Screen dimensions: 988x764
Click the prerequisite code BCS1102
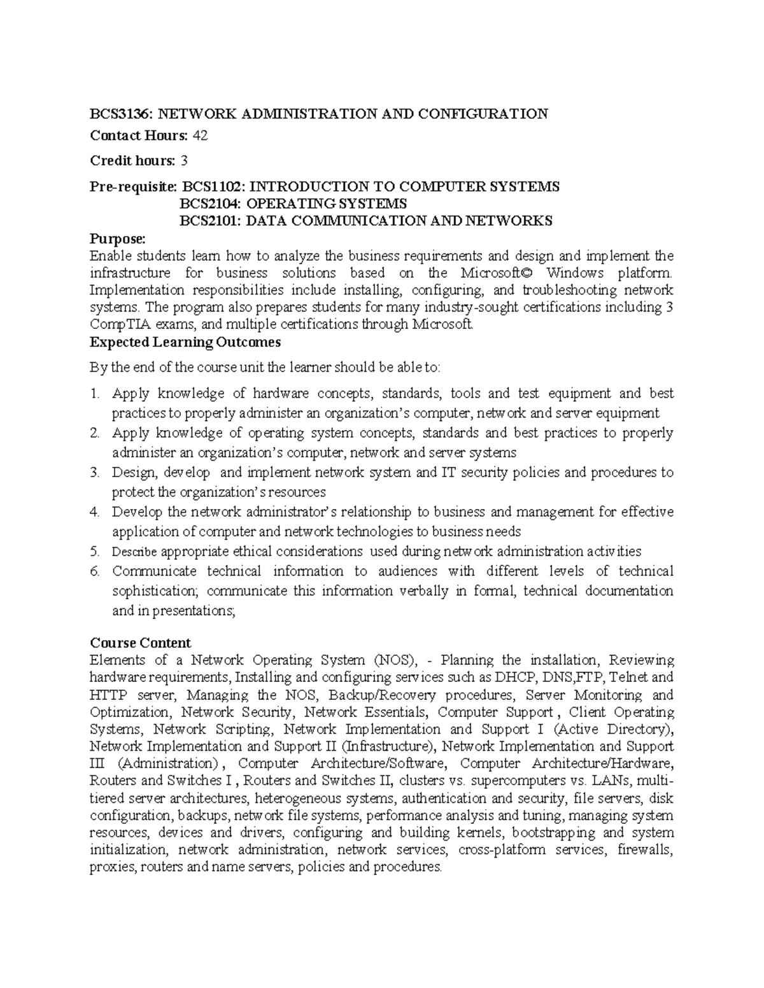[x=215, y=186]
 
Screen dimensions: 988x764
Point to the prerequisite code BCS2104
[x=210, y=204]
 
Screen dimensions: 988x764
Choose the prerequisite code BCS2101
[x=210, y=221]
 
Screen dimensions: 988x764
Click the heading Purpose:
[x=118, y=239]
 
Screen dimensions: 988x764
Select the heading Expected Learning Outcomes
[x=185, y=342]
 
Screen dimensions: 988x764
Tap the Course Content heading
[x=140, y=643]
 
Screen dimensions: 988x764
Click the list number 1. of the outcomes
[x=95, y=394]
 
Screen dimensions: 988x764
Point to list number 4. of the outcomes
[x=95, y=512]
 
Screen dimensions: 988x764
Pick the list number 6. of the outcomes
[x=95, y=571]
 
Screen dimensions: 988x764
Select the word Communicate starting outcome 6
[x=155, y=571]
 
